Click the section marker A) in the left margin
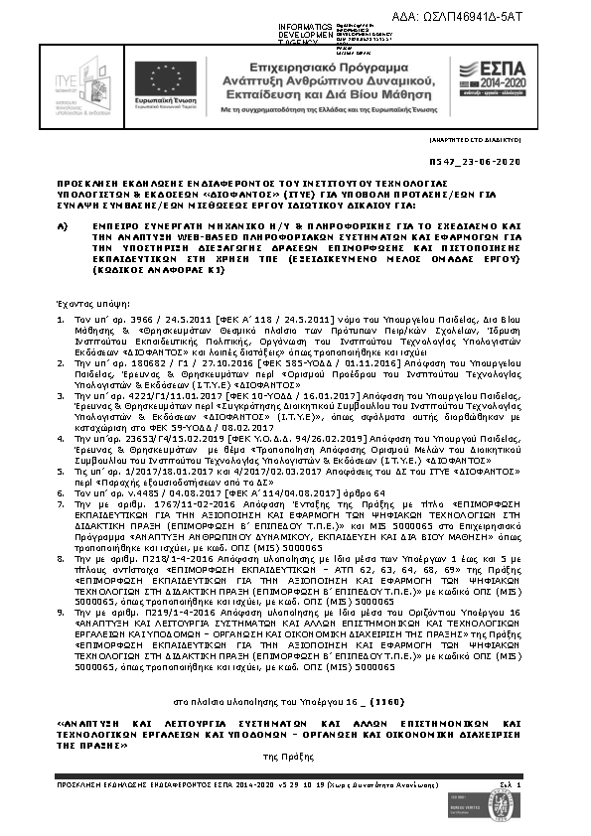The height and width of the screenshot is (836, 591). tap(62, 225)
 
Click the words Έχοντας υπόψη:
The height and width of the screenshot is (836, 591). tap(83, 298)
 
